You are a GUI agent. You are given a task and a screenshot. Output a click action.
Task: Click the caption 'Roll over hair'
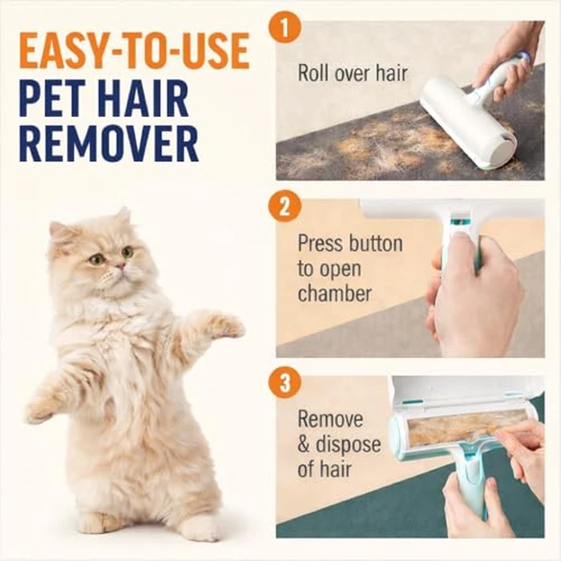[x=353, y=74]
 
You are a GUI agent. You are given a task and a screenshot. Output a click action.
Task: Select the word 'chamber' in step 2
[x=335, y=293]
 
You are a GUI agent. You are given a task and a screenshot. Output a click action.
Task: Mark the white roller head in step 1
[x=457, y=120]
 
